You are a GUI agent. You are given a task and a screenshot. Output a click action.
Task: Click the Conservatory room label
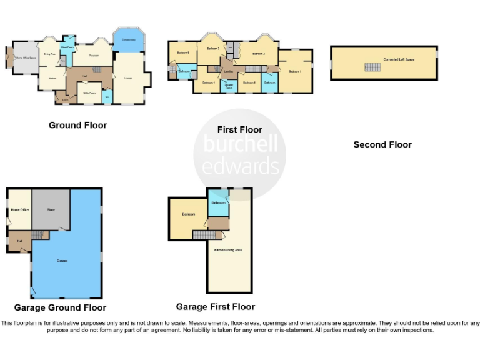click(x=129, y=40)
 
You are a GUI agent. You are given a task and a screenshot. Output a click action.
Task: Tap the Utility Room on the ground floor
click(x=89, y=92)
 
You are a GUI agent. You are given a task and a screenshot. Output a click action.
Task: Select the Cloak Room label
click(x=67, y=47)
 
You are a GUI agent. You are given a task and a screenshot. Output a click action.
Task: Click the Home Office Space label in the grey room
click(x=26, y=58)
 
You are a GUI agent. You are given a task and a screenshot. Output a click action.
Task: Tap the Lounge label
click(x=128, y=78)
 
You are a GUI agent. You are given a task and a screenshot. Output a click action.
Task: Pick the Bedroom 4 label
click(x=208, y=82)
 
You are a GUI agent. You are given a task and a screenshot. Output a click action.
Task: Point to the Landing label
click(x=229, y=71)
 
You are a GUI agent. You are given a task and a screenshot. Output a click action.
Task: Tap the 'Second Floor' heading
click(x=382, y=144)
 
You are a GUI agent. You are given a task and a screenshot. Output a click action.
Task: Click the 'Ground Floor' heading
click(x=77, y=125)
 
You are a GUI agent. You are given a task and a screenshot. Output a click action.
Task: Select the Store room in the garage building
click(x=51, y=209)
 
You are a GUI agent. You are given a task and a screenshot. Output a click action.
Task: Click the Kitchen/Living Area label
click(x=229, y=249)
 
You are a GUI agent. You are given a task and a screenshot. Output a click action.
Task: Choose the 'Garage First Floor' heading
click(x=215, y=307)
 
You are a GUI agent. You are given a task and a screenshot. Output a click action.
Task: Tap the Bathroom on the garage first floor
click(x=218, y=203)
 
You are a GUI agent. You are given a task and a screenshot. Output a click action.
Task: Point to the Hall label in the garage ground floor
click(x=19, y=241)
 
